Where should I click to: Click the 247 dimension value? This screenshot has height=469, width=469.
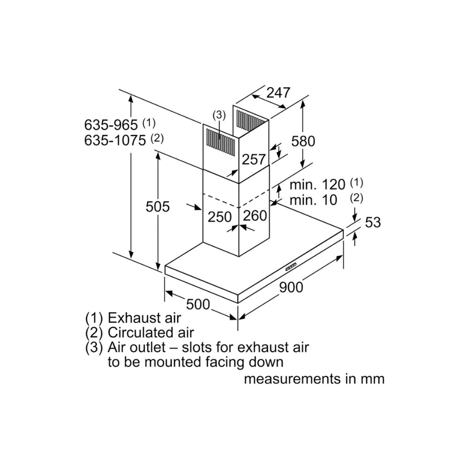279,92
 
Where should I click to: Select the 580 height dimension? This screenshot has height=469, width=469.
303,140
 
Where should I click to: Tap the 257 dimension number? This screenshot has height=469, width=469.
254,159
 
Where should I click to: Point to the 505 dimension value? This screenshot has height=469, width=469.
158,206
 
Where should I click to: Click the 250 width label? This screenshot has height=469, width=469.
220,217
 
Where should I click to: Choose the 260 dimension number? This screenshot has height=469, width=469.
255,216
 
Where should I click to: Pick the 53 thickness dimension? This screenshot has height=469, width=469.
373,222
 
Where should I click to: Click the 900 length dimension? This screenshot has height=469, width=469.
291,287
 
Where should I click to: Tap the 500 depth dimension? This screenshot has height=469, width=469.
198,304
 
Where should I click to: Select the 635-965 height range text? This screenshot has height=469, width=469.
111,125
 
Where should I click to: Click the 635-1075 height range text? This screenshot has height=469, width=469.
115,140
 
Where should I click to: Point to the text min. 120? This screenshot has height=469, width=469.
317,184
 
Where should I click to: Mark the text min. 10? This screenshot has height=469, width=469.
313,200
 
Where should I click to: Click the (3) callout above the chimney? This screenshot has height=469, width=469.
219,114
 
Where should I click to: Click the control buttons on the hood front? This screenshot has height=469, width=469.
290,267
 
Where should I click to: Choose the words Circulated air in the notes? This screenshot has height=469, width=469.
151,333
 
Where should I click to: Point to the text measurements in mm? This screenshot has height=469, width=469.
314,378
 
